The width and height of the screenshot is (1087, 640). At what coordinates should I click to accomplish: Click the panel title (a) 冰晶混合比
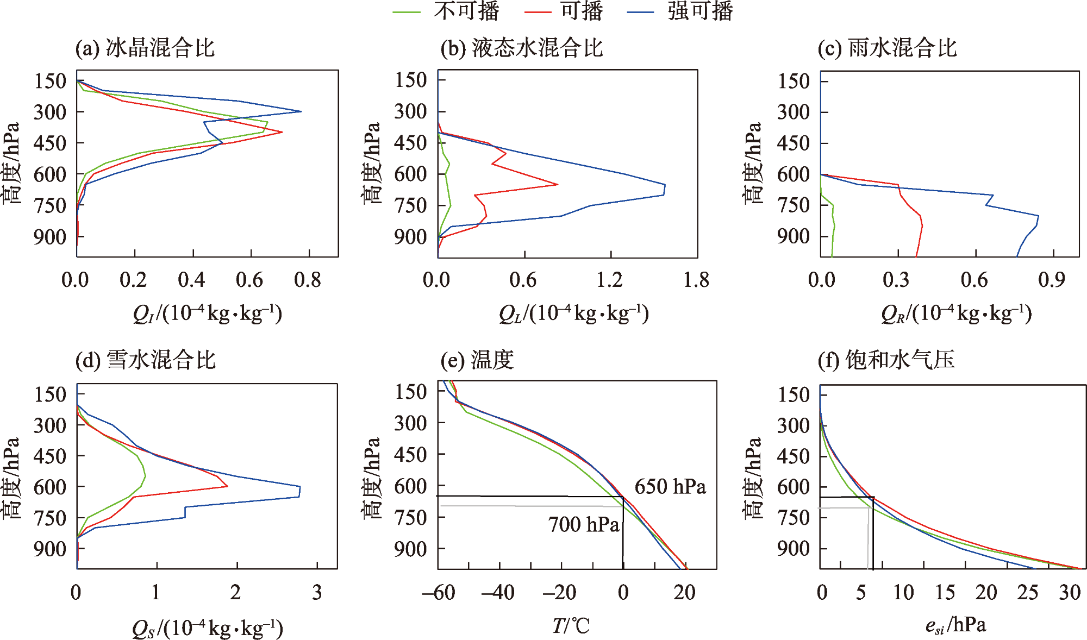click(145, 48)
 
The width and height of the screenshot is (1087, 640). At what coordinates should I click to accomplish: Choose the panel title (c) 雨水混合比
click(887, 48)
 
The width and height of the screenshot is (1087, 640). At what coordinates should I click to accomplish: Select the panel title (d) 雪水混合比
click(146, 360)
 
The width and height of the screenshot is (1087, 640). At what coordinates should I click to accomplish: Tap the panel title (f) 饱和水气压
click(886, 360)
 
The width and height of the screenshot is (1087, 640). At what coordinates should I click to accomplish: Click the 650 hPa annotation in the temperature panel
click(671, 486)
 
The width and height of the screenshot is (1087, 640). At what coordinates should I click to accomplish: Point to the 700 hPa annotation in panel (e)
click(584, 524)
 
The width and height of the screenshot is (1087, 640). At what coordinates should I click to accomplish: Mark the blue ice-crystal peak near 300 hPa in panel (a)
click(301, 111)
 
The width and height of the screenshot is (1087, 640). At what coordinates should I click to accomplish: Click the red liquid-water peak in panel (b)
click(558, 185)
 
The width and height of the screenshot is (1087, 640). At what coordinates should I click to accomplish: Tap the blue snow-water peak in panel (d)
click(299, 491)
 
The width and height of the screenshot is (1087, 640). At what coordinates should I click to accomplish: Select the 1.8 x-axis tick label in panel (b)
click(697, 280)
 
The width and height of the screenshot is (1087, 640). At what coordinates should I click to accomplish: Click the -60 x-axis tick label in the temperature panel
click(438, 592)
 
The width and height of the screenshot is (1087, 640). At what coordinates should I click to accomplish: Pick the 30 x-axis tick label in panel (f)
click(1070, 592)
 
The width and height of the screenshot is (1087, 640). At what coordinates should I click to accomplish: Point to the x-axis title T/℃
click(571, 626)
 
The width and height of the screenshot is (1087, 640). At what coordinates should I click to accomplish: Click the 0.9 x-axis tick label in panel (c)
click(1052, 280)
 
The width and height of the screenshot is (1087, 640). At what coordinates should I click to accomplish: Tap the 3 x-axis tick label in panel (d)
click(317, 592)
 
